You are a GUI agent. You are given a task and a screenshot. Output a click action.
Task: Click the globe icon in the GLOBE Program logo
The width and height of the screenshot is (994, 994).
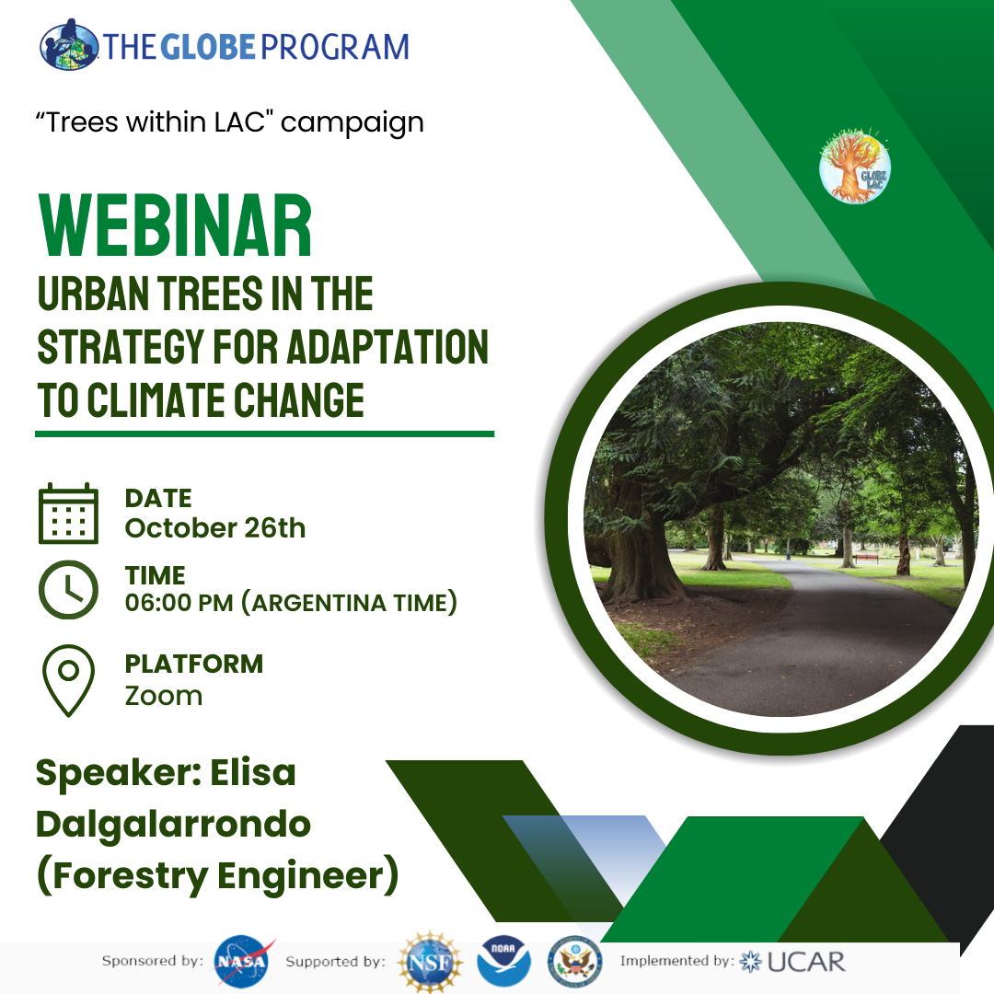(69, 44)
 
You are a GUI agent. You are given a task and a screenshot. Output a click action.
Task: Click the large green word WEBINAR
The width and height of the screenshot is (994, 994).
(175, 225)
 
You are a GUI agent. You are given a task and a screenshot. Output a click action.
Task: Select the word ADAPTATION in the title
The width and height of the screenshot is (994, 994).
(388, 347)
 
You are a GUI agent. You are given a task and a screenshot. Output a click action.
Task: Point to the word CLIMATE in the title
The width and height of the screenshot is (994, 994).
(156, 400)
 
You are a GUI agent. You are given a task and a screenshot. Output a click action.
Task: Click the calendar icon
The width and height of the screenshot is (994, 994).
(68, 514)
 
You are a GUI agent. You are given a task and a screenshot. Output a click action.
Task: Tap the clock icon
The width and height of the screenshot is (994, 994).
(68, 590)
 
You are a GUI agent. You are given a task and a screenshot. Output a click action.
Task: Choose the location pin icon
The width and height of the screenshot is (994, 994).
(68, 680)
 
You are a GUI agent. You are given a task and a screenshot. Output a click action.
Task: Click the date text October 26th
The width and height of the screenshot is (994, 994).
(214, 528)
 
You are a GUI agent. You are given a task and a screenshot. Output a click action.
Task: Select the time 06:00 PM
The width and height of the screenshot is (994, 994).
(179, 603)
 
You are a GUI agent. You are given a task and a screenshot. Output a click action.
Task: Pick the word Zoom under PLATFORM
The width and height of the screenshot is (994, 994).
(164, 696)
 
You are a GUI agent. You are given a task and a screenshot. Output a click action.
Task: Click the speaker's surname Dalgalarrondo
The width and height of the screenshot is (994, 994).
(173, 824)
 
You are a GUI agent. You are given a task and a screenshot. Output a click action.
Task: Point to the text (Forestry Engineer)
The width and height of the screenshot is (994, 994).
(217, 875)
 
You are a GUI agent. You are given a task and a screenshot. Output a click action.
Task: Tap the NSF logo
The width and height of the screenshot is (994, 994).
(431, 962)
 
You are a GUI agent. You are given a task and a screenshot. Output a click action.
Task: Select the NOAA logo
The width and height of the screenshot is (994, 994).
(504, 961)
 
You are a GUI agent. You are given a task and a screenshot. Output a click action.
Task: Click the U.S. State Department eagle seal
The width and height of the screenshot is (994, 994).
(575, 961)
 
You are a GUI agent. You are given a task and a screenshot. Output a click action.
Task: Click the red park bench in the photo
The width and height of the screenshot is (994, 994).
(866, 559)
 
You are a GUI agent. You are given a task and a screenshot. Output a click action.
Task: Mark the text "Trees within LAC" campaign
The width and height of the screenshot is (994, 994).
(229, 122)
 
